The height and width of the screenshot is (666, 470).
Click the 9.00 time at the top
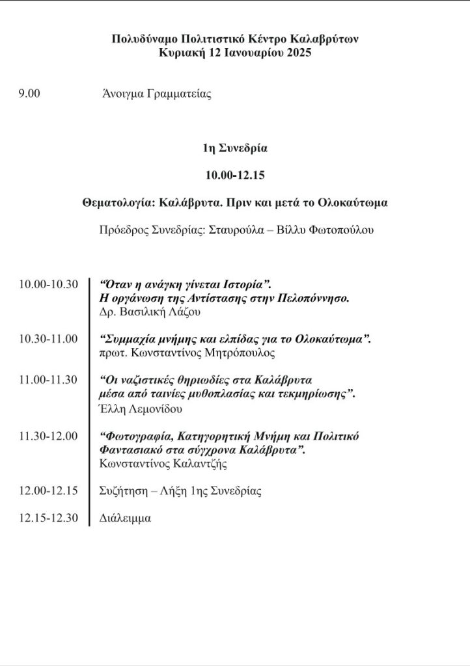29,94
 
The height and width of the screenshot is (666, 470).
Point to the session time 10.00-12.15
234,175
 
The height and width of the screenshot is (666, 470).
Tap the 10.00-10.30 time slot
49,285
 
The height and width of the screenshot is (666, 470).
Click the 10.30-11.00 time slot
49,339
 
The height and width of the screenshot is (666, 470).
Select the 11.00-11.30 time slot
49,380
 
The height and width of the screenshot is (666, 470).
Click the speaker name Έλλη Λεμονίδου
142,409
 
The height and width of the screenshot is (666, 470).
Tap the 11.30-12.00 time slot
49,436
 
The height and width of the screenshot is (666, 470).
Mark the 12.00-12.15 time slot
49,491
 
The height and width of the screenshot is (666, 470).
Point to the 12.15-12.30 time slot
49,518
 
